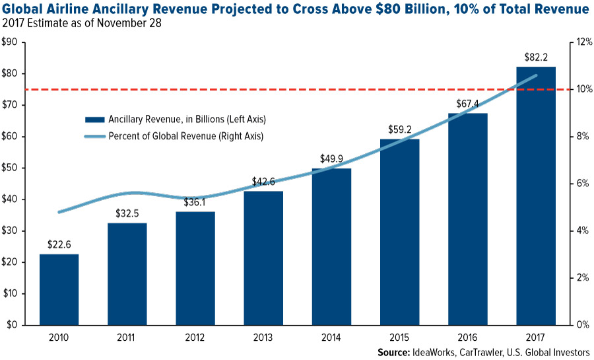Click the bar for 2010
59,289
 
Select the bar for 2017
536,196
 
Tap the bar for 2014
332,246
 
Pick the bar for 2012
196,268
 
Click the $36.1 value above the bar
196,203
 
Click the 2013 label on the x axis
264,337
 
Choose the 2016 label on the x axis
468,337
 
